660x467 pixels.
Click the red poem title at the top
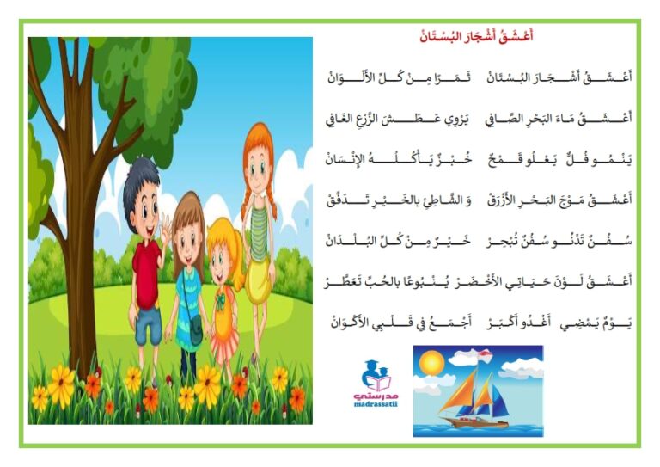476,36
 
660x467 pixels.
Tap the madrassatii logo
376,384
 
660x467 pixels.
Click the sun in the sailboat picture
432,362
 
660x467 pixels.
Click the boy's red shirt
146,273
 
